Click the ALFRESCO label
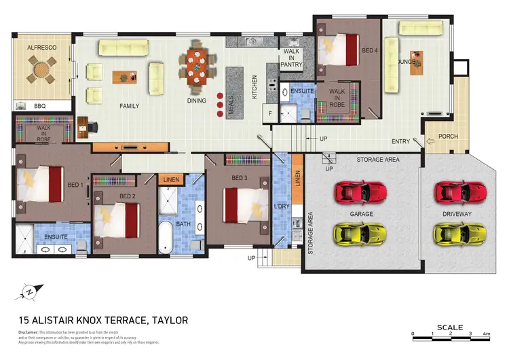(x=41, y=49)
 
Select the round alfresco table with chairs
(x=43, y=69)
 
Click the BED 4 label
(x=370, y=50)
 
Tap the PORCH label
(x=448, y=137)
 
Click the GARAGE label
(x=361, y=213)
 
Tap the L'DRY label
(x=280, y=204)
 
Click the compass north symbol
(x=29, y=291)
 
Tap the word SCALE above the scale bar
(x=450, y=327)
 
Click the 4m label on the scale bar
(x=486, y=334)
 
